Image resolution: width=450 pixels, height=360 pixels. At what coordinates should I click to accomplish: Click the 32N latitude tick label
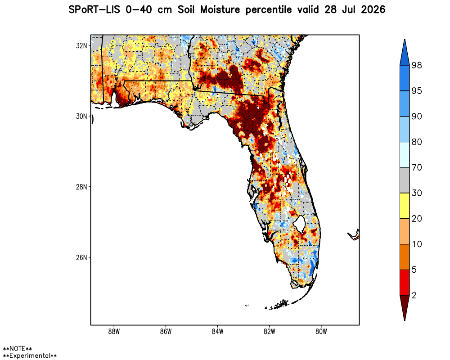click(81, 45)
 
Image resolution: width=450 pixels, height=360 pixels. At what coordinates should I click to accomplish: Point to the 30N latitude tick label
click(81, 116)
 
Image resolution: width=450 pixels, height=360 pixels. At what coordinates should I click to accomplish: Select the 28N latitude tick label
click(81, 187)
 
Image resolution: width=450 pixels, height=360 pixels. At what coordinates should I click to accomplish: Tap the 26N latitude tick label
click(81, 257)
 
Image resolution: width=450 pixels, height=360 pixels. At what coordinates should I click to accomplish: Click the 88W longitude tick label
click(114, 332)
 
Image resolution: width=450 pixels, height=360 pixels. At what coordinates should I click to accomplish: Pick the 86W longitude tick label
click(166, 332)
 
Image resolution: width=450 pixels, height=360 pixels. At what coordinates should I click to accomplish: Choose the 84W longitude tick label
click(217, 332)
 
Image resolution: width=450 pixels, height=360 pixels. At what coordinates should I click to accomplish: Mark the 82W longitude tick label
click(270, 332)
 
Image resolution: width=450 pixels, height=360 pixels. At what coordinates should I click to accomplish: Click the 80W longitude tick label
click(321, 332)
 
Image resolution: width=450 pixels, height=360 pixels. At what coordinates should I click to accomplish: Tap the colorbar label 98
click(417, 65)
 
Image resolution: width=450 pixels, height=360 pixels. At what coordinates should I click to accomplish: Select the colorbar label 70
click(417, 167)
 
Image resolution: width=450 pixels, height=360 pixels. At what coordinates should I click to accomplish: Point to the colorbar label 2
click(414, 295)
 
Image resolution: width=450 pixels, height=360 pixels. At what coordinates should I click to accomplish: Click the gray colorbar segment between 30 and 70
click(405, 180)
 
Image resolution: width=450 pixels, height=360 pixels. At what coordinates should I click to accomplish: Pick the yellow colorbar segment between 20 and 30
click(405, 206)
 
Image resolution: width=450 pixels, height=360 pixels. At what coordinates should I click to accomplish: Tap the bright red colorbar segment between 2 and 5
click(405, 283)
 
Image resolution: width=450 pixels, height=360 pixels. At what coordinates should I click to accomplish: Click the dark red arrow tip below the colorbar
click(405, 320)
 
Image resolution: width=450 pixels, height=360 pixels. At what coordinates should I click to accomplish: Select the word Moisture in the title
click(220, 10)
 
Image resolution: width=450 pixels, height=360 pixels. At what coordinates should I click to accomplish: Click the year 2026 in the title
click(373, 10)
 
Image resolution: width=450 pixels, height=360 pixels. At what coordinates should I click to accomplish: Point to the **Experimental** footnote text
click(30, 356)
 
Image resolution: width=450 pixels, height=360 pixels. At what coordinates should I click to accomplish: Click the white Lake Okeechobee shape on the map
click(299, 223)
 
